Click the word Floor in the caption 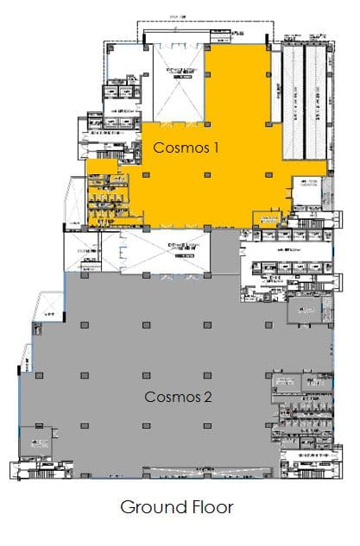[209, 507]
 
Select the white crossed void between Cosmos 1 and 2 [178, 250]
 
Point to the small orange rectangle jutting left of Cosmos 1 [100, 166]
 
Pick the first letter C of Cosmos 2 [149, 398]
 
